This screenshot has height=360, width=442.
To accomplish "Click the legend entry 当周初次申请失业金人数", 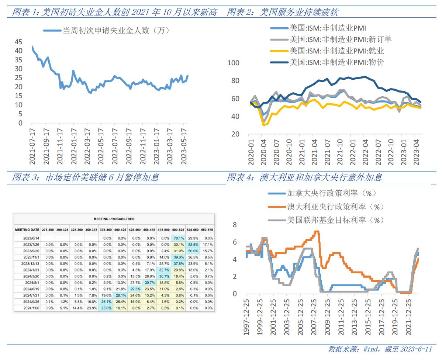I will (115, 31).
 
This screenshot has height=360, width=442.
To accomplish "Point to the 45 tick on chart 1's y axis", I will (18, 42).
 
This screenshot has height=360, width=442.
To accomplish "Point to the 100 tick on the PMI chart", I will (234, 63).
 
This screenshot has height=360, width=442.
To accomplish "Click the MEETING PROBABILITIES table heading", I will (114, 219).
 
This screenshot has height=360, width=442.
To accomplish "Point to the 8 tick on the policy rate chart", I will (235, 225).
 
